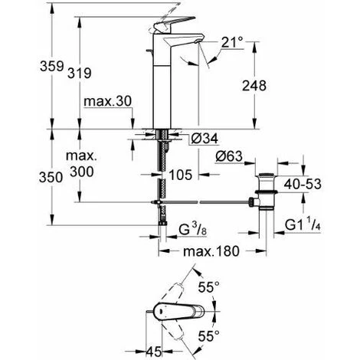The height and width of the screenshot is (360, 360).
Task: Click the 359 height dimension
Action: coord(51,67)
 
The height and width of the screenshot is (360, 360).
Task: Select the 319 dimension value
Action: coord(80,74)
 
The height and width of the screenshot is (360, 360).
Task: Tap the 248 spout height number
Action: coord(254,86)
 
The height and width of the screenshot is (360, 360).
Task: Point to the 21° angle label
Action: coord(232,42)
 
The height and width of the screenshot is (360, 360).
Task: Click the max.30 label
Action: coord(107,101)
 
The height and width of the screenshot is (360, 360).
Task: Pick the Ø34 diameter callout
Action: coord(205,139)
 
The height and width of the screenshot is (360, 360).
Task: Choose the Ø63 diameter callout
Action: coord(229,156)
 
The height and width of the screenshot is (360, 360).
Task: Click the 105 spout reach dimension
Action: coord(181,175)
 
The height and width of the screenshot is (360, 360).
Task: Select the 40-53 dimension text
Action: coord(303,184)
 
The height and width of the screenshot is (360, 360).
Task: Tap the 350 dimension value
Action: coord(51,177)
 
